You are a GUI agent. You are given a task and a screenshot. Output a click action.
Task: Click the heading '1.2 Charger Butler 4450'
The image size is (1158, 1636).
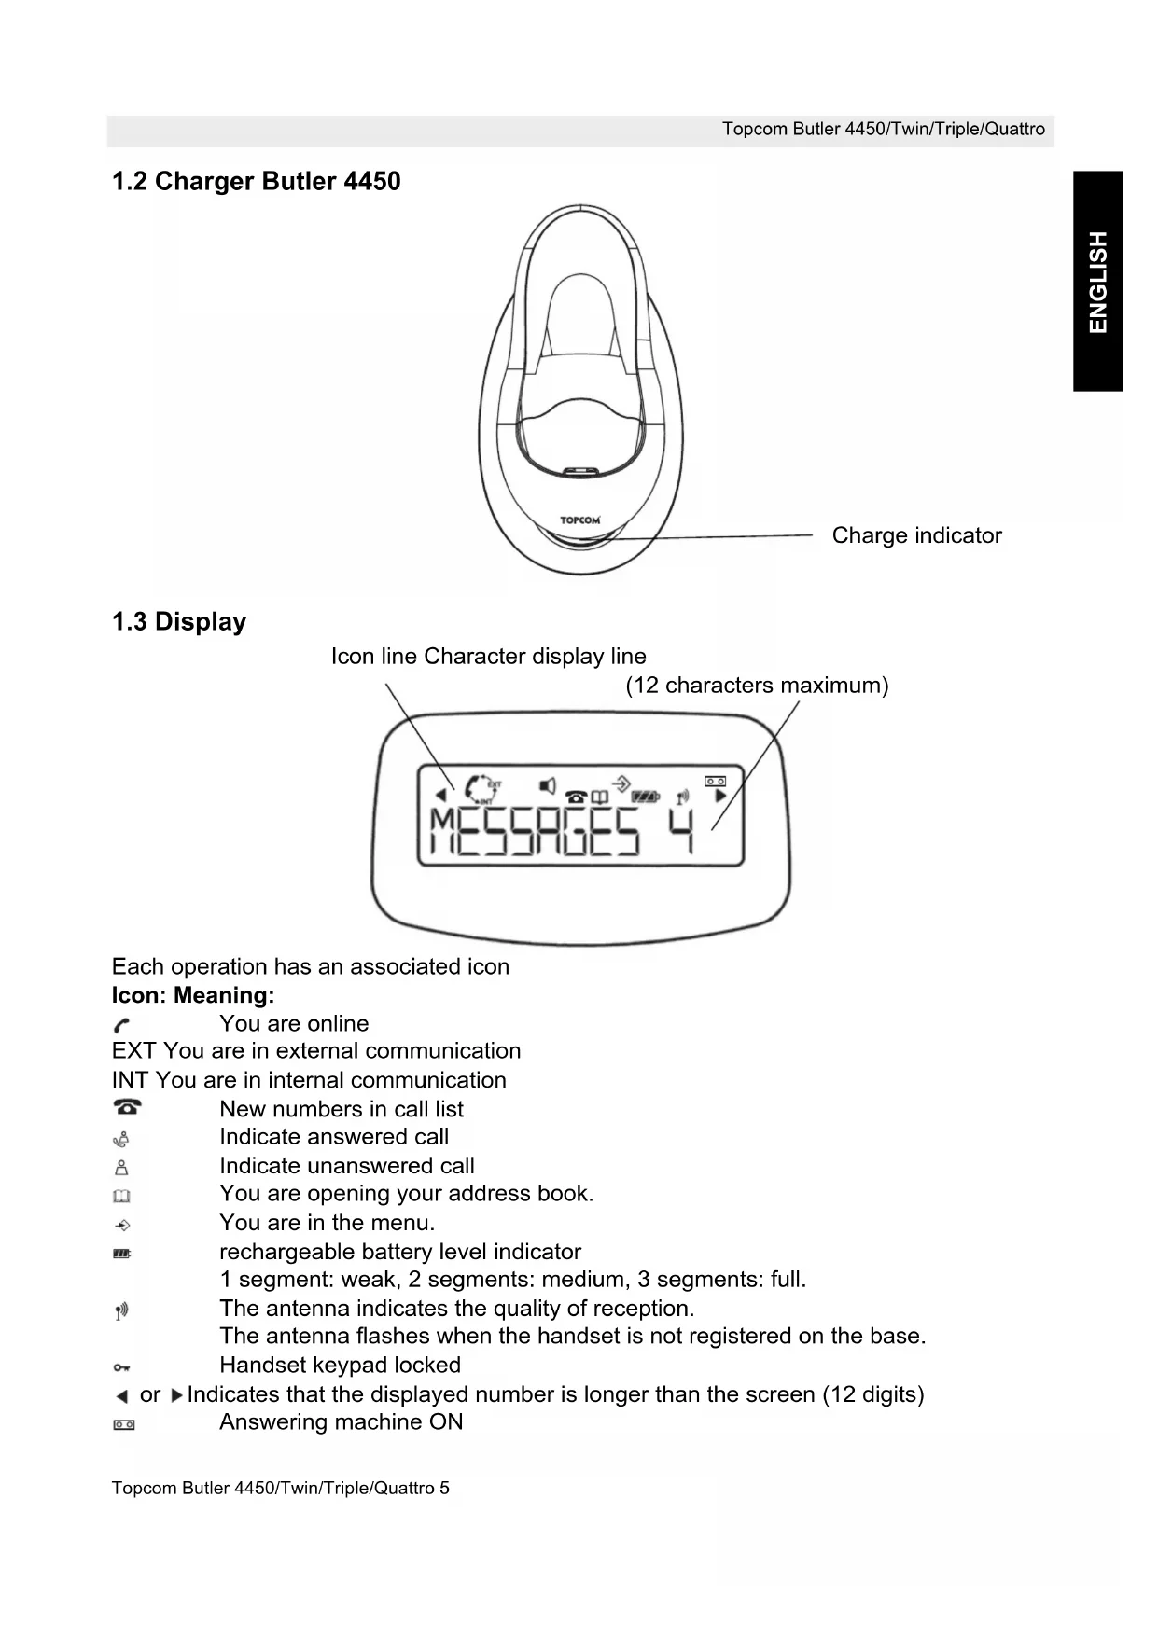click(256, 181)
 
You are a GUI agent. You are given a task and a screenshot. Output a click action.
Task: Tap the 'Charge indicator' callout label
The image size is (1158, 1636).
click(916, 535)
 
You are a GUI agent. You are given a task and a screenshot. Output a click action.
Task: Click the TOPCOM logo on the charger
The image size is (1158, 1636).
click(579, 520)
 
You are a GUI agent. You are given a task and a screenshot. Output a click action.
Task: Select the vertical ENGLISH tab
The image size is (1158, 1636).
click(1097, 281)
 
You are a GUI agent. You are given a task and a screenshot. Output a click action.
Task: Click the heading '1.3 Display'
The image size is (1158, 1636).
click(179, 622)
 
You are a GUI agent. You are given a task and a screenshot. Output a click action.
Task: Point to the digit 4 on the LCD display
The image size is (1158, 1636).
click(683, 831)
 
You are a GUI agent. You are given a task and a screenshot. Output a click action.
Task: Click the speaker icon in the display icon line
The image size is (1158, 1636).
click(549, 786)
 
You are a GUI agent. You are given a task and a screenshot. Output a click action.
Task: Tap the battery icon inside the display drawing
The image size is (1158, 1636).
click(645, 797)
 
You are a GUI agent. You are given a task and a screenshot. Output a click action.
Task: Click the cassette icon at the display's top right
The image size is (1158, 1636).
click(715, 781)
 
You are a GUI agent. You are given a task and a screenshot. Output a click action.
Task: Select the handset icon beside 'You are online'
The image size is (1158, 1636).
click(121, 1025)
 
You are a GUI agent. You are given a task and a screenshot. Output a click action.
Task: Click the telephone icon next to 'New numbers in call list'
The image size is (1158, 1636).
click(126, 1107)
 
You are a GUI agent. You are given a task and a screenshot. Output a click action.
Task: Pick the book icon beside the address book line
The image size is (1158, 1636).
click(121, 1196)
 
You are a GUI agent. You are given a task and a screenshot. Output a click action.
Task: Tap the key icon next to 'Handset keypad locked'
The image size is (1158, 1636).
click(121, 1367)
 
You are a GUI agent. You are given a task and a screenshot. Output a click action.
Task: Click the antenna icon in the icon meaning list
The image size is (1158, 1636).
click(121, 1311)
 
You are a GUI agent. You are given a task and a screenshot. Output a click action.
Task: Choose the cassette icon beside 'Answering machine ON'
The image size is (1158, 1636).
click(123, 1424)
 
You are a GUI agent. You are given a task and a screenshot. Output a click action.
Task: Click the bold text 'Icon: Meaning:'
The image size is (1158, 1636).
click(193, 995)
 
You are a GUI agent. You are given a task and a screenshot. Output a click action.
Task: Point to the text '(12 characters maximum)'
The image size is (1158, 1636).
click(757, 686)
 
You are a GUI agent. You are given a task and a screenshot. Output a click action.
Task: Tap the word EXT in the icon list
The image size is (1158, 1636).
click(133, 1051)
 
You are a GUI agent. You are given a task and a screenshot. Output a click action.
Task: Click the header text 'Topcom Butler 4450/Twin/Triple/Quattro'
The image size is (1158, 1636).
click(883, 130)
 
